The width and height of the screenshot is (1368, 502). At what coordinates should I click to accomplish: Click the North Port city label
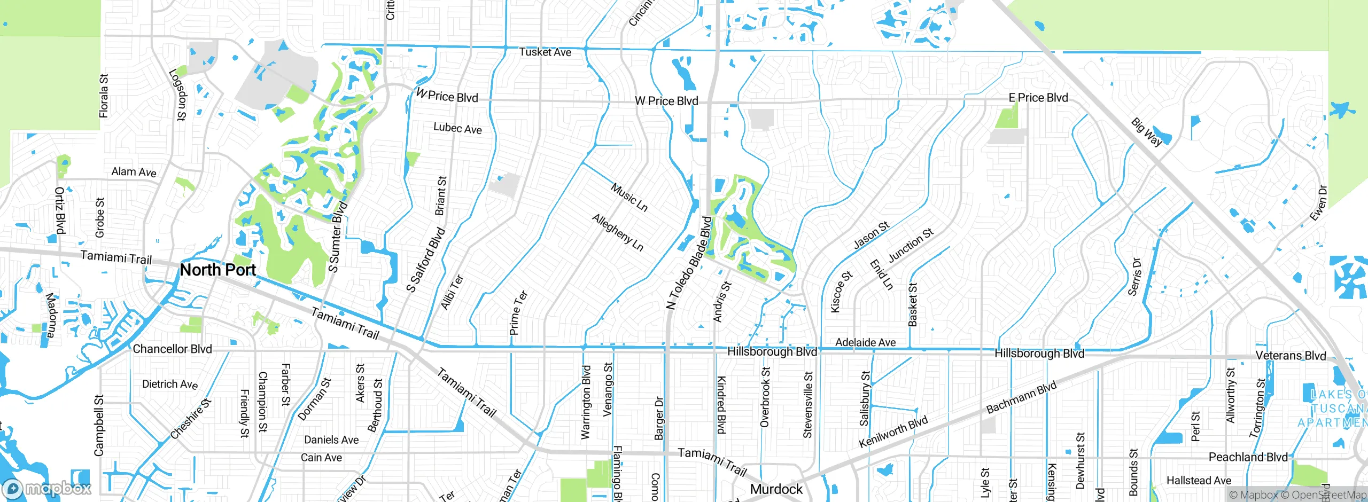coord(218,270)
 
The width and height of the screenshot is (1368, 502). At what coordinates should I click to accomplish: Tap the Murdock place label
coord(776,489)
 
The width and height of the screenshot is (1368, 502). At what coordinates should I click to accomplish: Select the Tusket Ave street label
coord(545,52)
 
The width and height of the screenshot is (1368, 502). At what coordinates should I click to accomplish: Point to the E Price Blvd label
coord(1038,98)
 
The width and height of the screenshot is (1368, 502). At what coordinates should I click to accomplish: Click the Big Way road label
coord(1146,132)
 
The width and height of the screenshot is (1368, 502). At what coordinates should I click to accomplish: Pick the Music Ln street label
coord(629,197)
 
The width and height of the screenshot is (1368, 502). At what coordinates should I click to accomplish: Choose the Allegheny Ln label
coord(618,232)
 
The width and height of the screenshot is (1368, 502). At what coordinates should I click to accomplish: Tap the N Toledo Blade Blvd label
coord(689,263)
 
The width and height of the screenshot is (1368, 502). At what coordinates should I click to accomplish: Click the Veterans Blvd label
coord(1291,356)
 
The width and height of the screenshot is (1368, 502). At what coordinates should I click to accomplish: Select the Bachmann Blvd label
coord(1021,397)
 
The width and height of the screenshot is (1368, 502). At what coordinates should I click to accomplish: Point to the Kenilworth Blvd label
coord(893,432)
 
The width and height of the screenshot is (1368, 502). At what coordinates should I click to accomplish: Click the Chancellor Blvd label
coord(172,349)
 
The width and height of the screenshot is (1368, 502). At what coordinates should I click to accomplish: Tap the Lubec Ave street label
coord(457,128)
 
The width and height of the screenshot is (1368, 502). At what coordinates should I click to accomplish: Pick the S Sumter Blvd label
coord(338,237)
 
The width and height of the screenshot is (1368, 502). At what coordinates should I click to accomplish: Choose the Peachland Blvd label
coord(1248,457)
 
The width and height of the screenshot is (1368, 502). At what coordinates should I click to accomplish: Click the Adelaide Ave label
coord(865,342)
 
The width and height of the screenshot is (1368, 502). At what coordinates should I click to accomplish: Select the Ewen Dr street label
coord(1318,203)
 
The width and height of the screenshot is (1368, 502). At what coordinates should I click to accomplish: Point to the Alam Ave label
coord(134,172)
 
